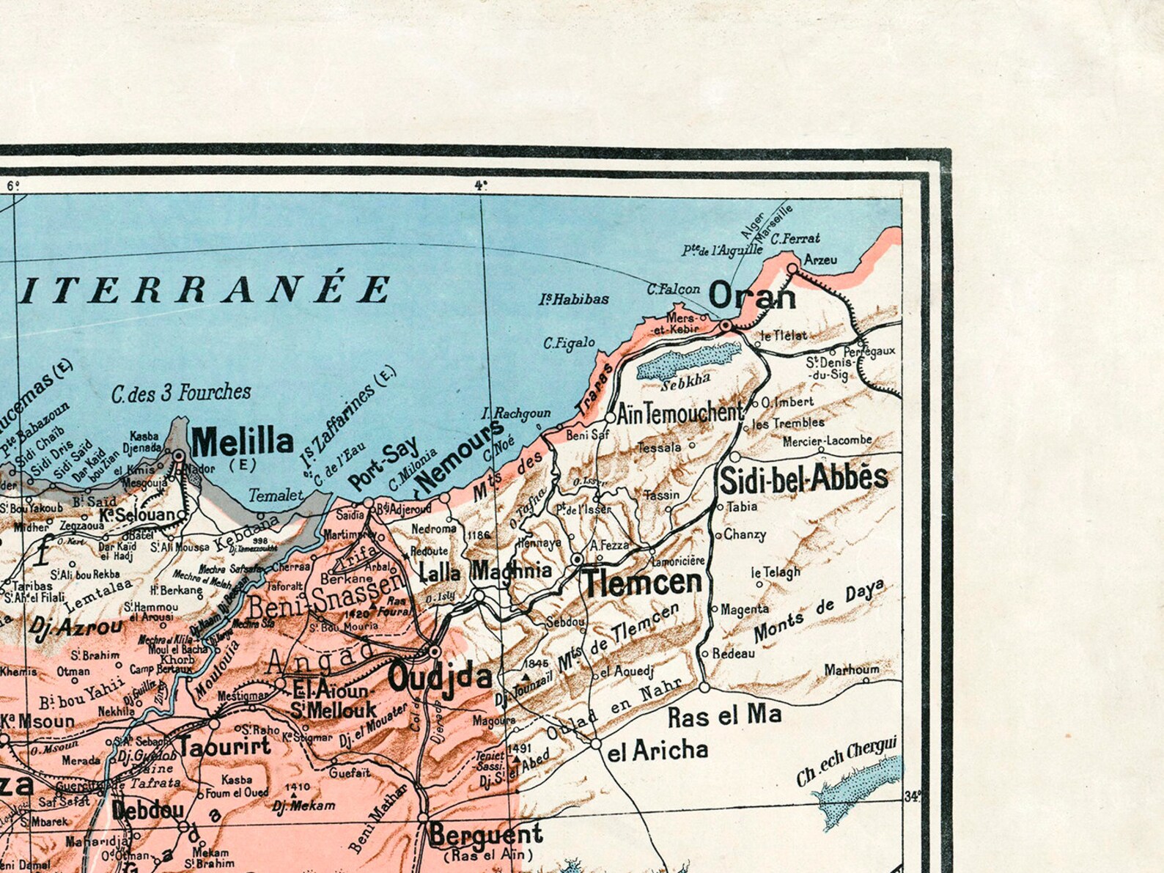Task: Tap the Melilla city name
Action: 242,442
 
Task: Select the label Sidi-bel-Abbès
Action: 803,479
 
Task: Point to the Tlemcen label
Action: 642,583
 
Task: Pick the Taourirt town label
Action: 224,746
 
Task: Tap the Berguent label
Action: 485,834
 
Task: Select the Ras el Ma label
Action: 724,716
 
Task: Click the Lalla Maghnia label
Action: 485,571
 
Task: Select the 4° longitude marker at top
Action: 480,185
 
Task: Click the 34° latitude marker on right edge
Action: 912,796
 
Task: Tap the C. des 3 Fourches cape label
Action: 181,393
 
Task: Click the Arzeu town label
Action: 819,259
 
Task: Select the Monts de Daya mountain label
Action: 818,610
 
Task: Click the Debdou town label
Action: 147,811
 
